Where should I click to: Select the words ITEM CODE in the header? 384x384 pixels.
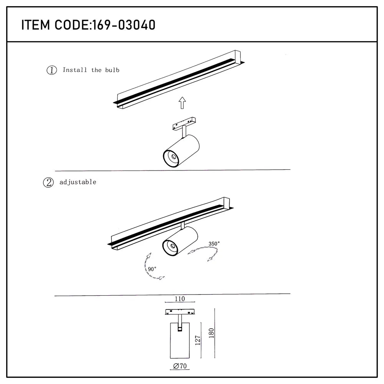point(55,25)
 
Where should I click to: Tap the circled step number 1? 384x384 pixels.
point(51,70)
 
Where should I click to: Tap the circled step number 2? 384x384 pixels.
point(48,182)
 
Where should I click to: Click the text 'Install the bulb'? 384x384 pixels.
point(91,70)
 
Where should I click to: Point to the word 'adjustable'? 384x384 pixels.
point(78,182)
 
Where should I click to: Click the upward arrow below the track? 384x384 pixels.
point(182,103)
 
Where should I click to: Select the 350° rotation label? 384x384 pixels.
point(214,243)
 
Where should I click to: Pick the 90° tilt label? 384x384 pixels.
point(152,269)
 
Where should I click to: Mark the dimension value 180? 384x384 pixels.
point(210,333)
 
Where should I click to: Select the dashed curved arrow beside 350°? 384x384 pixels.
point(204,254)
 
